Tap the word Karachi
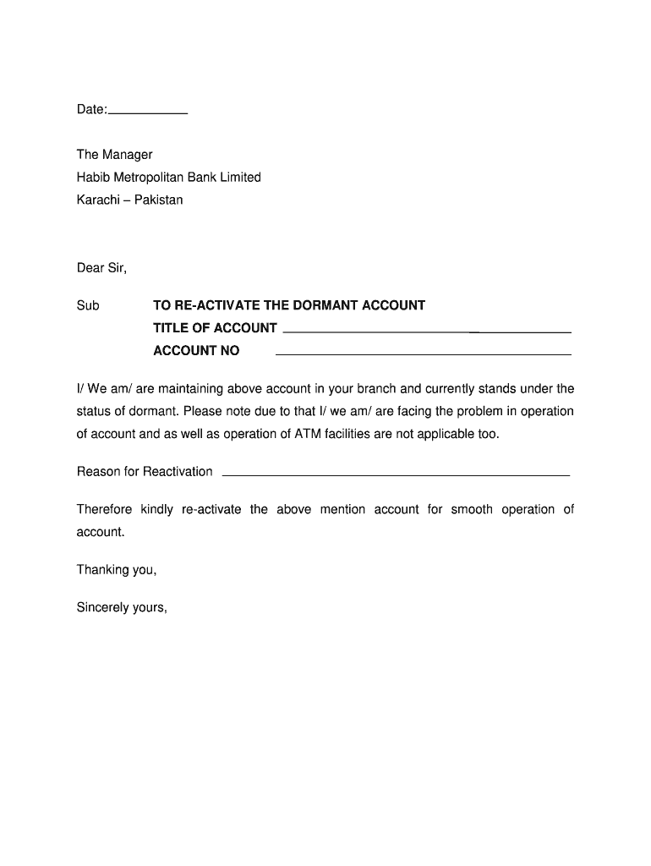[x=97, y=200]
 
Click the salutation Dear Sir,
[x=101, y=268]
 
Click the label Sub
[x=88, y=305]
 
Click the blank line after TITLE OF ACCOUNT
[x=427, y=330]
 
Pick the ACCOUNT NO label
[x=196, y=351]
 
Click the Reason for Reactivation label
[x=145, y=472]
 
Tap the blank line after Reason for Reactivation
[x=395, y=474]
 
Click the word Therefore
[x=105, y=510]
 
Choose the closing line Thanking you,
[x=117, y=570]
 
